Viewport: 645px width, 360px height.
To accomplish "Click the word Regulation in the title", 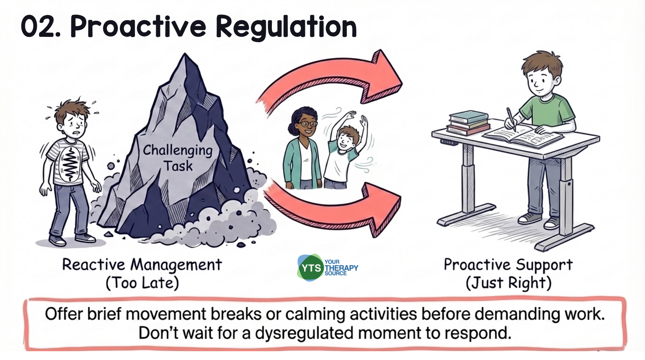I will pos(286,27).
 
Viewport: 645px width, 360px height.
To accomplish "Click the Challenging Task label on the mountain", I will pos(178,158).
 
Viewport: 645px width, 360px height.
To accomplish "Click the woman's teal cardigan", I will pos(292,158).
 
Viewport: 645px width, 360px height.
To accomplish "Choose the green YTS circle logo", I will pos(311,268).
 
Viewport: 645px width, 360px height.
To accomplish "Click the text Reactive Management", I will pos(142,265).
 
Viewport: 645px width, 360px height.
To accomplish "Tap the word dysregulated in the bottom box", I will pos(304,333).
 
